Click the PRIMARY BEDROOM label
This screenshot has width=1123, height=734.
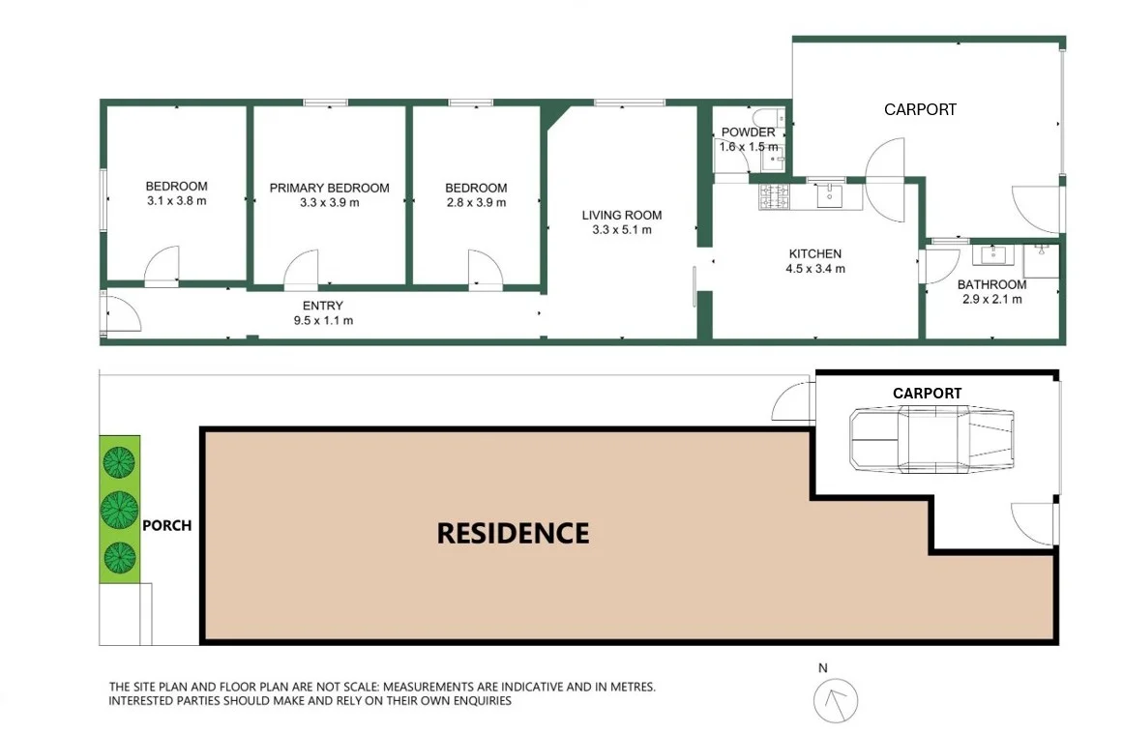click(x=329, y=188)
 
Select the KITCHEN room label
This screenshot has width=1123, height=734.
click(x=814, y=253)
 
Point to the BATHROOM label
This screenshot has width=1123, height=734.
click(x=991, y=284)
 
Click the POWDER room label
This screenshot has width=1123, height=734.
click(x=748, y=132)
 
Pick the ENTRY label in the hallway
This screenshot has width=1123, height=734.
click(x=323, y=306)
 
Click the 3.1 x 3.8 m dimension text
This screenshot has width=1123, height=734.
click(x=176, y=202)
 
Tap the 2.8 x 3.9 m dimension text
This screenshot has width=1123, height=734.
click(x=476, y=202)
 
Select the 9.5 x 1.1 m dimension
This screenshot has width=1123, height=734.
click(x=323, y=320)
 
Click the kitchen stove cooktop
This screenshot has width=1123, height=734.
click(x=775, y=196)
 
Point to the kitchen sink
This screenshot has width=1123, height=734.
click(x=830, y=196)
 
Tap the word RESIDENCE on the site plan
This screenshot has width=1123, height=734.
click(x=513, y=533)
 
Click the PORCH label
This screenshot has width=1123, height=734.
click(x=166, y=526)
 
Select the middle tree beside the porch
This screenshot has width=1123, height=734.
click(x=119, y=508)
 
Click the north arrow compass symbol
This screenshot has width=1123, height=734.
click(x=836, y=699)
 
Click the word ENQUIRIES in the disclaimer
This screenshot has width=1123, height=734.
click(x=473, y=700)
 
